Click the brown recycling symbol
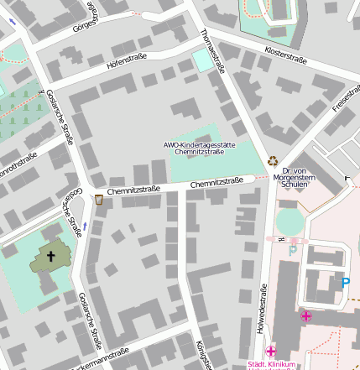click(x=273, y=161)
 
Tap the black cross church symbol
click(x=50, y=255)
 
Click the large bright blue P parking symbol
click(x=345, y=284)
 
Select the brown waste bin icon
click(x=99, y=200)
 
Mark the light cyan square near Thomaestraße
click(x=203, y=60)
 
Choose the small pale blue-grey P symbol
click(x=292, y=249)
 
